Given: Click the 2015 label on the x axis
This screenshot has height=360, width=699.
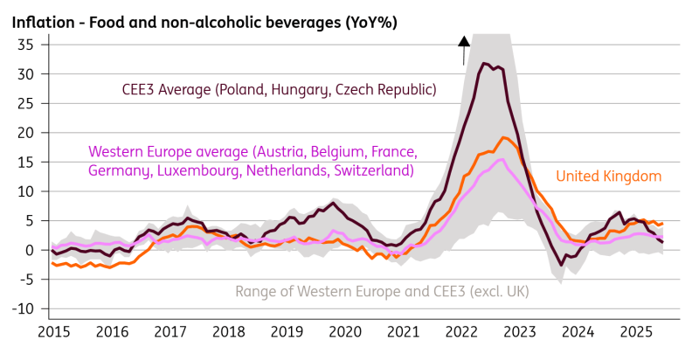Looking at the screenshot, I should (x=53, y=334).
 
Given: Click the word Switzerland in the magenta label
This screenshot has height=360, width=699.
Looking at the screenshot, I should (x=370, y=170).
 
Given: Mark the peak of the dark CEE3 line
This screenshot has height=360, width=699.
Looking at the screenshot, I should (x=484, y=63).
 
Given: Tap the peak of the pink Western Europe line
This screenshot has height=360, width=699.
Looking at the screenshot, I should (x=500, y=159).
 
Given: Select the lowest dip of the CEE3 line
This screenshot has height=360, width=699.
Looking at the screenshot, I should (x=561, y=265).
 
